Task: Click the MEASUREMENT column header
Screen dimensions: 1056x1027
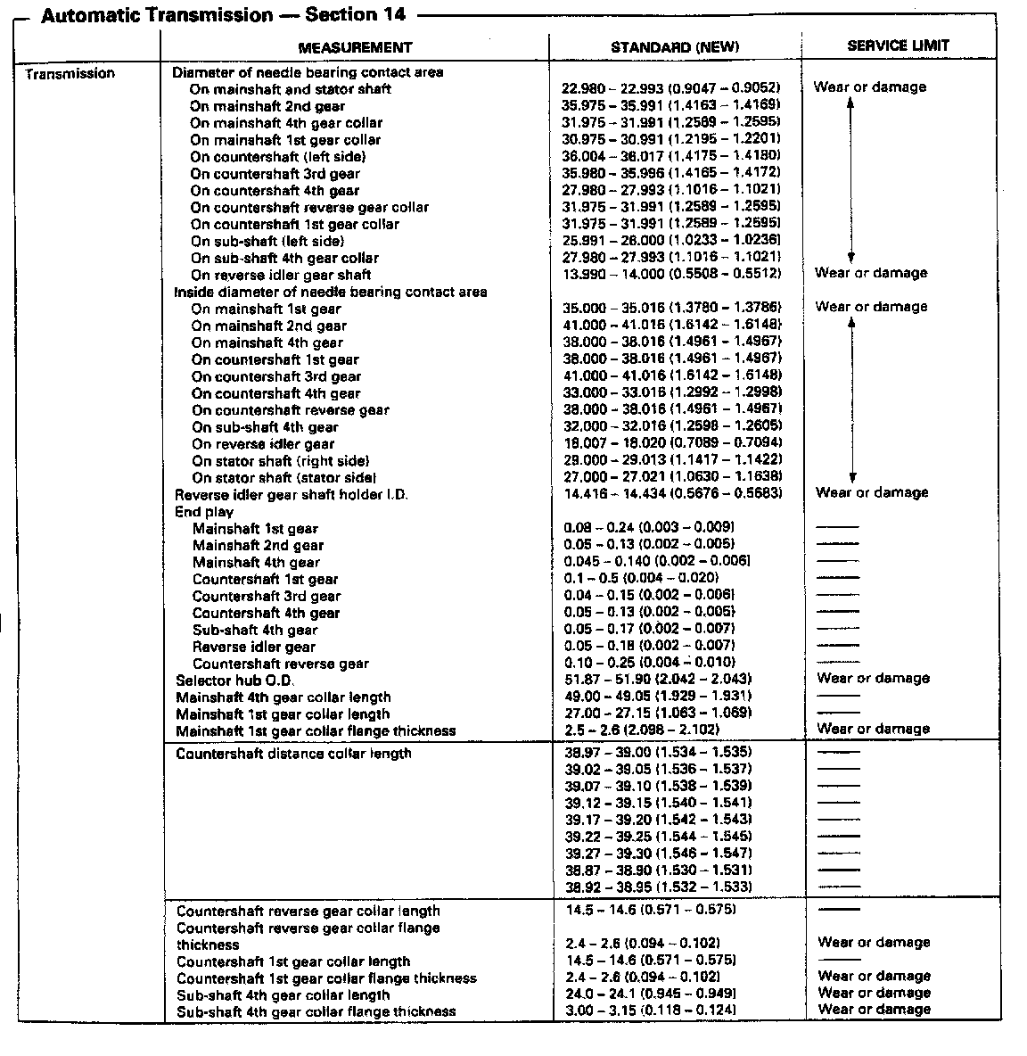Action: click(355, 47)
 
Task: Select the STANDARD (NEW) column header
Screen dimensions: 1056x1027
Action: click(675, 47)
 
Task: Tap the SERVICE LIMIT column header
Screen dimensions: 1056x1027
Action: click(898, 45)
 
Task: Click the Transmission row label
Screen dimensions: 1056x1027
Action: click(70, 74)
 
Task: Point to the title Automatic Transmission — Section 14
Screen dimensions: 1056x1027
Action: click(223, 15)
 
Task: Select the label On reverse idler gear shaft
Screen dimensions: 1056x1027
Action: click(280, 275)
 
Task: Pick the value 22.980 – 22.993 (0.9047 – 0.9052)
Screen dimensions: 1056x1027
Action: click(671, 87)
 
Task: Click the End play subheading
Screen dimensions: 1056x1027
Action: click(204, 512)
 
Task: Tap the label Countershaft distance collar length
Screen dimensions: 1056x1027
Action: click(293, 754)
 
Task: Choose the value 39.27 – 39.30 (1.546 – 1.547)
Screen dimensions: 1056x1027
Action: click(659, 853)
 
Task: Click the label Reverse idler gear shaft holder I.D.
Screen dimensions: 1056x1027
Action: click(291, 494)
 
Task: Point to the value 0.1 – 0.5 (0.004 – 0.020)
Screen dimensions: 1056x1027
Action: click(642, 578)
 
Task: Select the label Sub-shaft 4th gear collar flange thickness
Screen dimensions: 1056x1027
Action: click(316, 1011)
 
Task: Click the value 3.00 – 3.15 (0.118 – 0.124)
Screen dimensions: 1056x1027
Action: click(651, 1010)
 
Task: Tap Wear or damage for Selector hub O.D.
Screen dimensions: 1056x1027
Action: click(873, 679)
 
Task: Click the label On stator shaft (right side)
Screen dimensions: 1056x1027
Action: click(280, 461)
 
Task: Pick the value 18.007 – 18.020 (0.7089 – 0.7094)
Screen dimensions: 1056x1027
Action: click(673, 443)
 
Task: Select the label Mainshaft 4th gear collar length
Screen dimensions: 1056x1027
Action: click(283, 697)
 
